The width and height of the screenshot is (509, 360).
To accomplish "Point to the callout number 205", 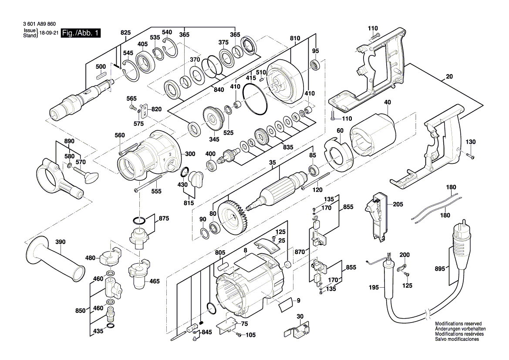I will pyautogui.click(x=398, y=204).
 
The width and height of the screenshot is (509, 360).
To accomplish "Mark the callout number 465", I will pyautogui.click(x=154, y=282).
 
